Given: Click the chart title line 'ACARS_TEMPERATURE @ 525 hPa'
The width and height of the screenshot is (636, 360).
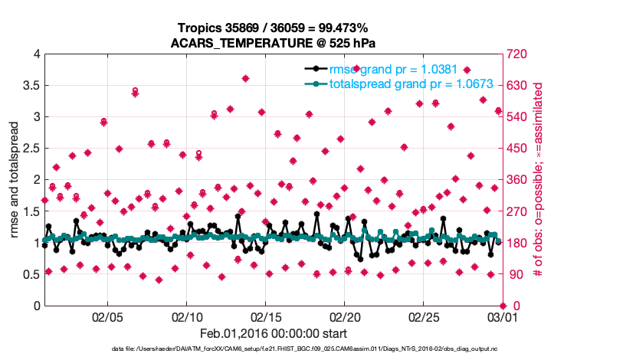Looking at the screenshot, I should coord(272,42).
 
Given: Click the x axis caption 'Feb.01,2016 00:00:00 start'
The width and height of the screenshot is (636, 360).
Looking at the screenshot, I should coord(274,333).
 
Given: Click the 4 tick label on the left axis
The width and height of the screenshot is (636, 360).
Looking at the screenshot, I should coord(36,54).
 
